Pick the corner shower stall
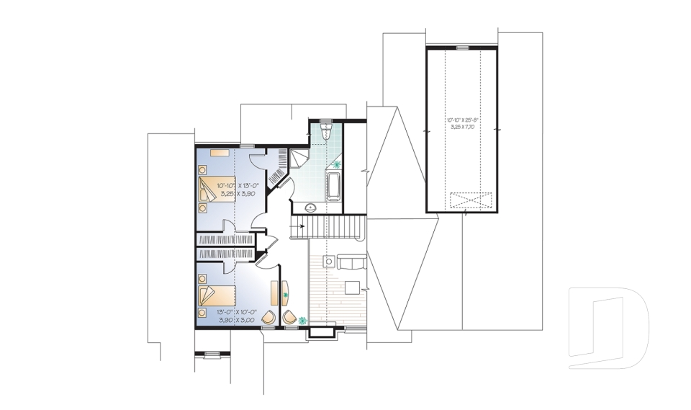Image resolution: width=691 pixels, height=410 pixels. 298,159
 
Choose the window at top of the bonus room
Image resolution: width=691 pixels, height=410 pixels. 462,48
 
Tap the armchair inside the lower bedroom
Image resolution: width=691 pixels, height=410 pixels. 268,317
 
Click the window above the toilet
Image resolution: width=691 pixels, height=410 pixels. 325,120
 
